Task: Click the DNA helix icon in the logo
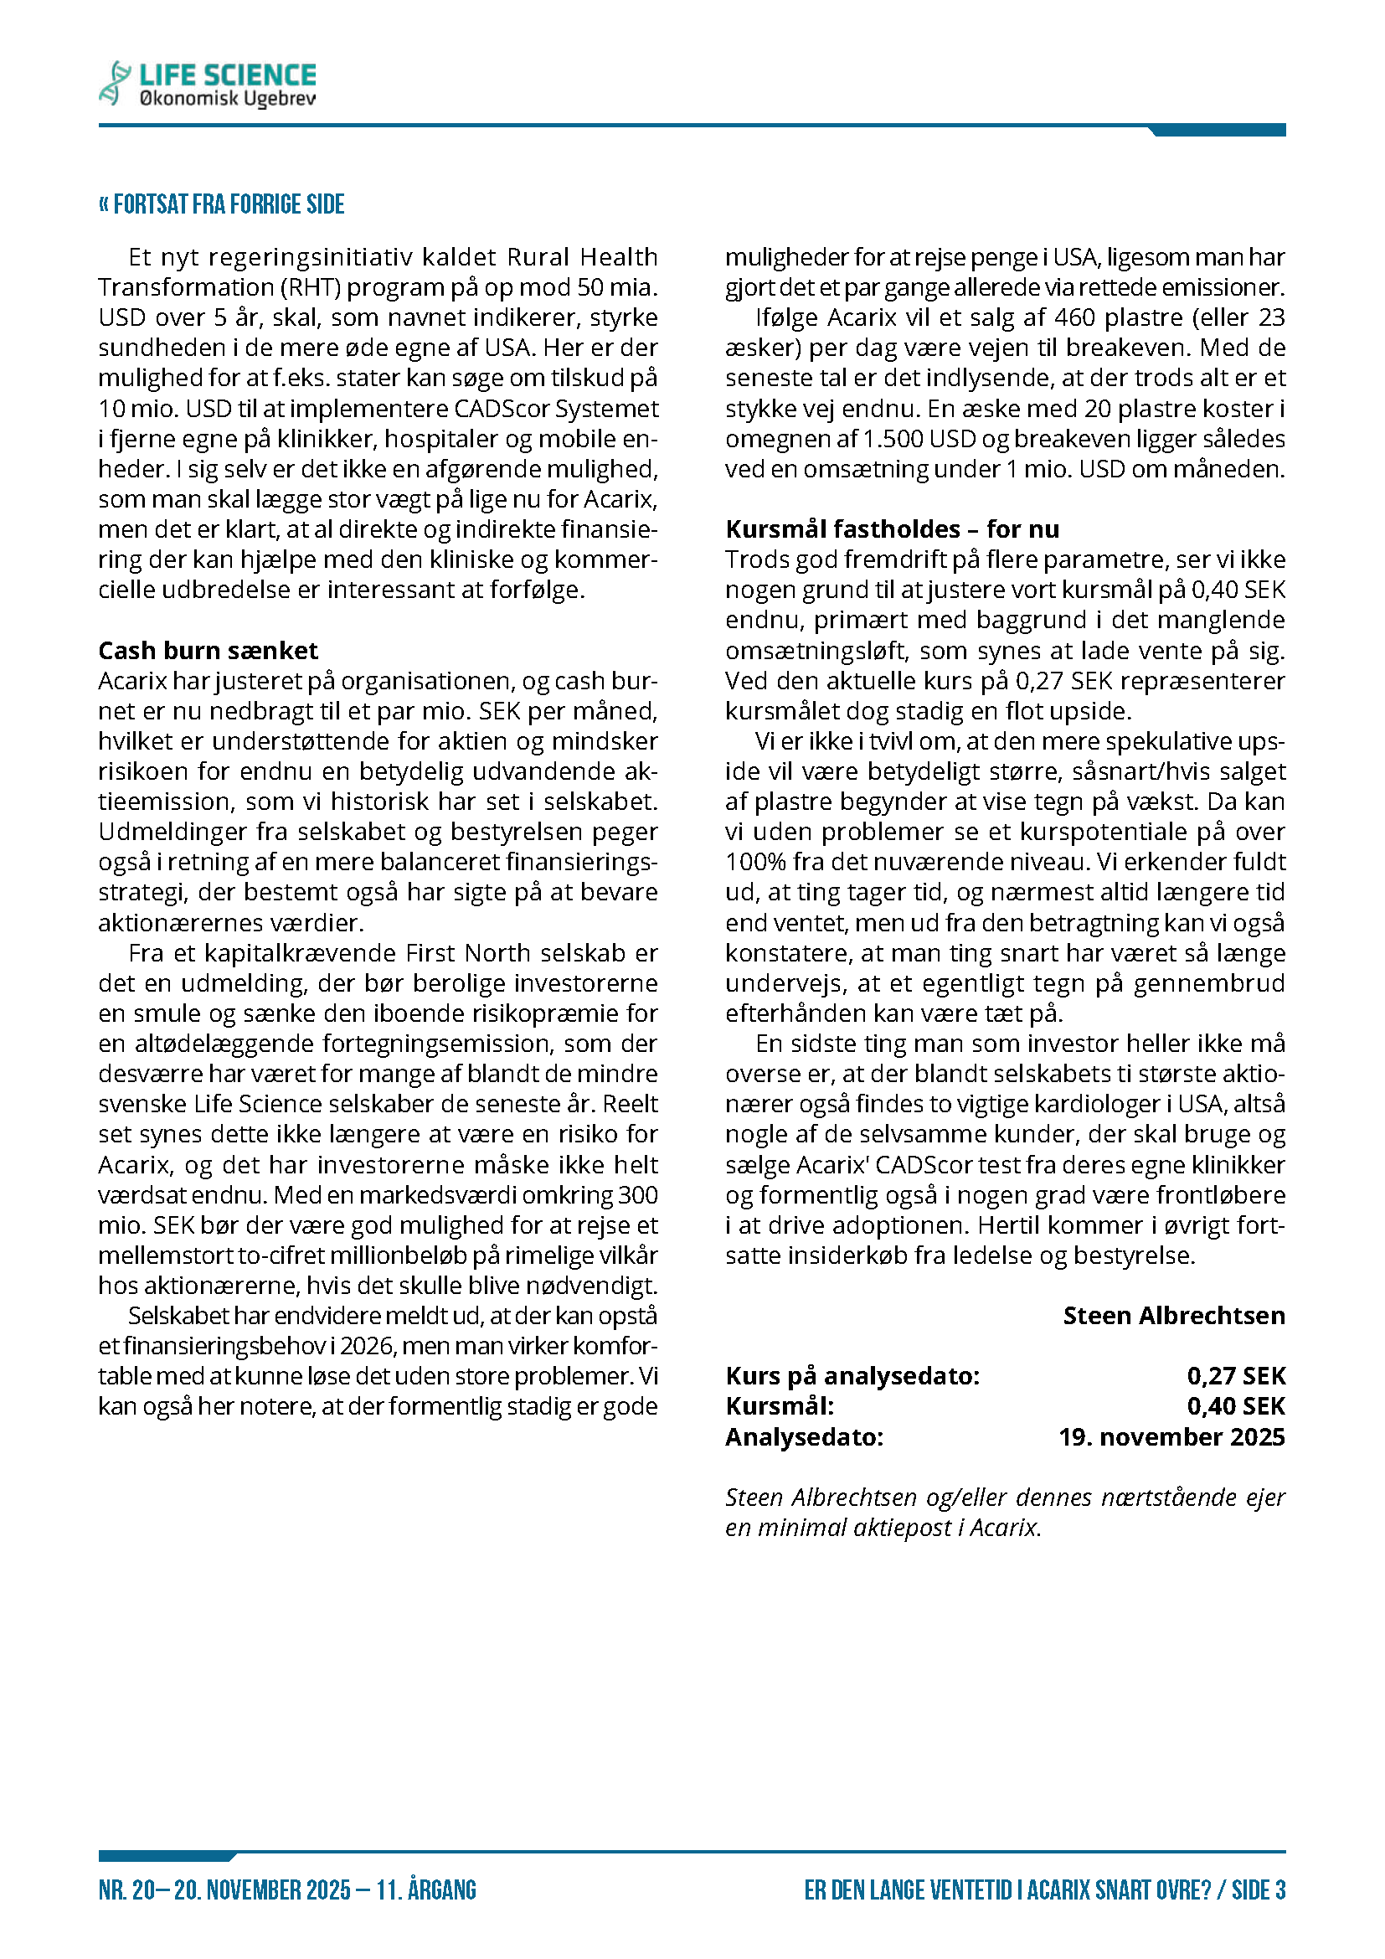pyautogui.click(x=114, y=83)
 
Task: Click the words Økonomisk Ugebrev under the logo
pyautogui.click(x=227, y=99)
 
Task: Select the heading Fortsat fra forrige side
pyautogui.click(x=222, y=204)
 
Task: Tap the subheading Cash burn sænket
pyautogui.click(x=209, y=651)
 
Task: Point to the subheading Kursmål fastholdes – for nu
pyautogui.click(x=892, y=529)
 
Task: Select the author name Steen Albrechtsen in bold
pyautogui.click(x=1173, y=1316)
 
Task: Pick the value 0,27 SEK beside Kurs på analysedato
pyautogui.click(x=1236, y=1376)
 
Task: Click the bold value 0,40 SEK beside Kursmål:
pyautogui.click(x=1236, y=1406)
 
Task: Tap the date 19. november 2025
pyautogui.click(x=1171, y=1437)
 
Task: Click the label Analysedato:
pyautogui.click(x=804, y=1437)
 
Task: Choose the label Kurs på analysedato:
pyautogui.click(x=852, y=1376)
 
